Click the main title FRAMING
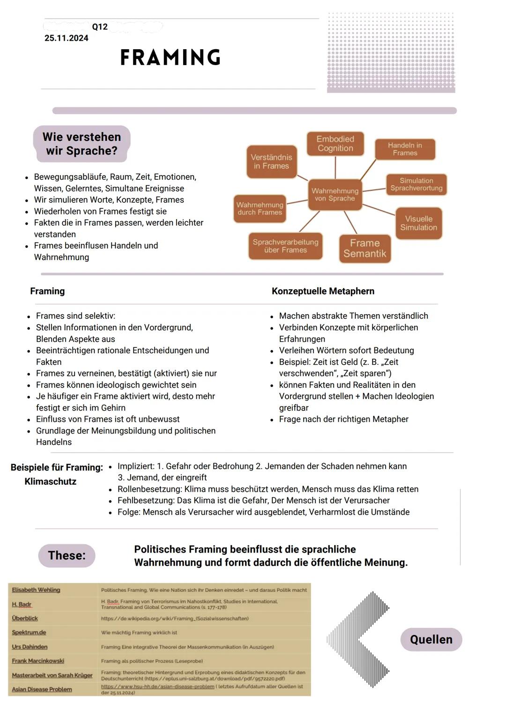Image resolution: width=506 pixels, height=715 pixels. click(x=171, y=58)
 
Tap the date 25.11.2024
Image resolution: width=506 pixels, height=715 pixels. click(x=66, y=38)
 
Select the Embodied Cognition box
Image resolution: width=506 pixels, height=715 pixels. click(x=335, y=144)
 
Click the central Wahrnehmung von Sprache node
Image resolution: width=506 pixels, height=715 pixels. click(x=335, y=194)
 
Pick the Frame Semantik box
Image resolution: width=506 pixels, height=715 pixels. click(x=365, y=248)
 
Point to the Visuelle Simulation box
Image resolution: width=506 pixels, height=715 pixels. click(x=418, y=223)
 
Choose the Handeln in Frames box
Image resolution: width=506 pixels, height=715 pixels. click(x=405, y=149)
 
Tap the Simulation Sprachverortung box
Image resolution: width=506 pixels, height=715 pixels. click(x=416, y=184)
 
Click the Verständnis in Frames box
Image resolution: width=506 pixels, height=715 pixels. click(x=271, y=162)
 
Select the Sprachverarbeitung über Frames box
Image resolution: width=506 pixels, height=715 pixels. click(x=285, y=246)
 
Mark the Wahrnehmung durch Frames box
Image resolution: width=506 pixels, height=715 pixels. click(x=260, y=208)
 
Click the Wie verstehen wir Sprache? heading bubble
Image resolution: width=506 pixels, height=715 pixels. click(x=82, y=144)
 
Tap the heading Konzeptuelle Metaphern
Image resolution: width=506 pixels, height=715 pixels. click(x=323, y=291)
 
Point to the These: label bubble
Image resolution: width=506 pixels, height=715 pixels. click(x=67, y=556)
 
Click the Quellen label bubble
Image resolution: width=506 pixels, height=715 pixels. click(x=431, y=640)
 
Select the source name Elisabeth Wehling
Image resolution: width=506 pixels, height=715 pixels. click(x=36, y=590)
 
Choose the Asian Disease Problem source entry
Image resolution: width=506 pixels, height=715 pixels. click(x=42, y=689)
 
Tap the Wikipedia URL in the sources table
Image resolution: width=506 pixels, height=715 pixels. click(x=175, y=619)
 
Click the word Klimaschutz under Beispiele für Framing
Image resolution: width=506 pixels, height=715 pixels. click(x=50, y=481)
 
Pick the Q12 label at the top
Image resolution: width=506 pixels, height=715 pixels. click(x=100, y=27)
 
